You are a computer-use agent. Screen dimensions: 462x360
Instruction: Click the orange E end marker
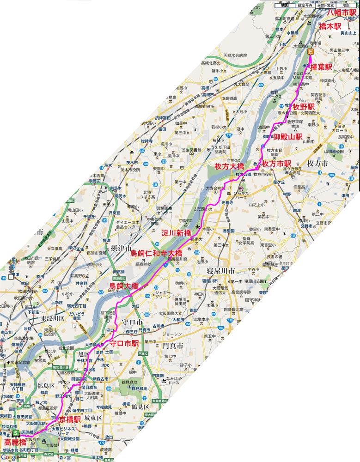(x=311, y=53)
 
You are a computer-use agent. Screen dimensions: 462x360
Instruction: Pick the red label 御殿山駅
(x=288, y=137)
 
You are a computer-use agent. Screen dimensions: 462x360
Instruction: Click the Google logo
(x=10, y=457)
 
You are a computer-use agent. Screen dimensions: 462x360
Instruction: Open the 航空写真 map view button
(x=305, y=5)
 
